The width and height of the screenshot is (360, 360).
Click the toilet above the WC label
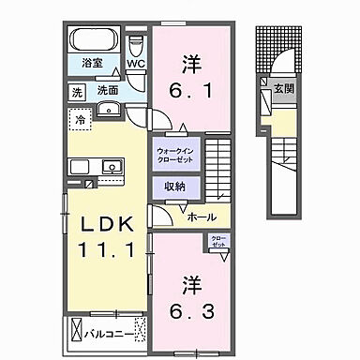[137, 45]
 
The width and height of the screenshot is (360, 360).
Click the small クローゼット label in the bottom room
[217, 242]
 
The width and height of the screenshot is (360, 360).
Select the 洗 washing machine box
[77, 92]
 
